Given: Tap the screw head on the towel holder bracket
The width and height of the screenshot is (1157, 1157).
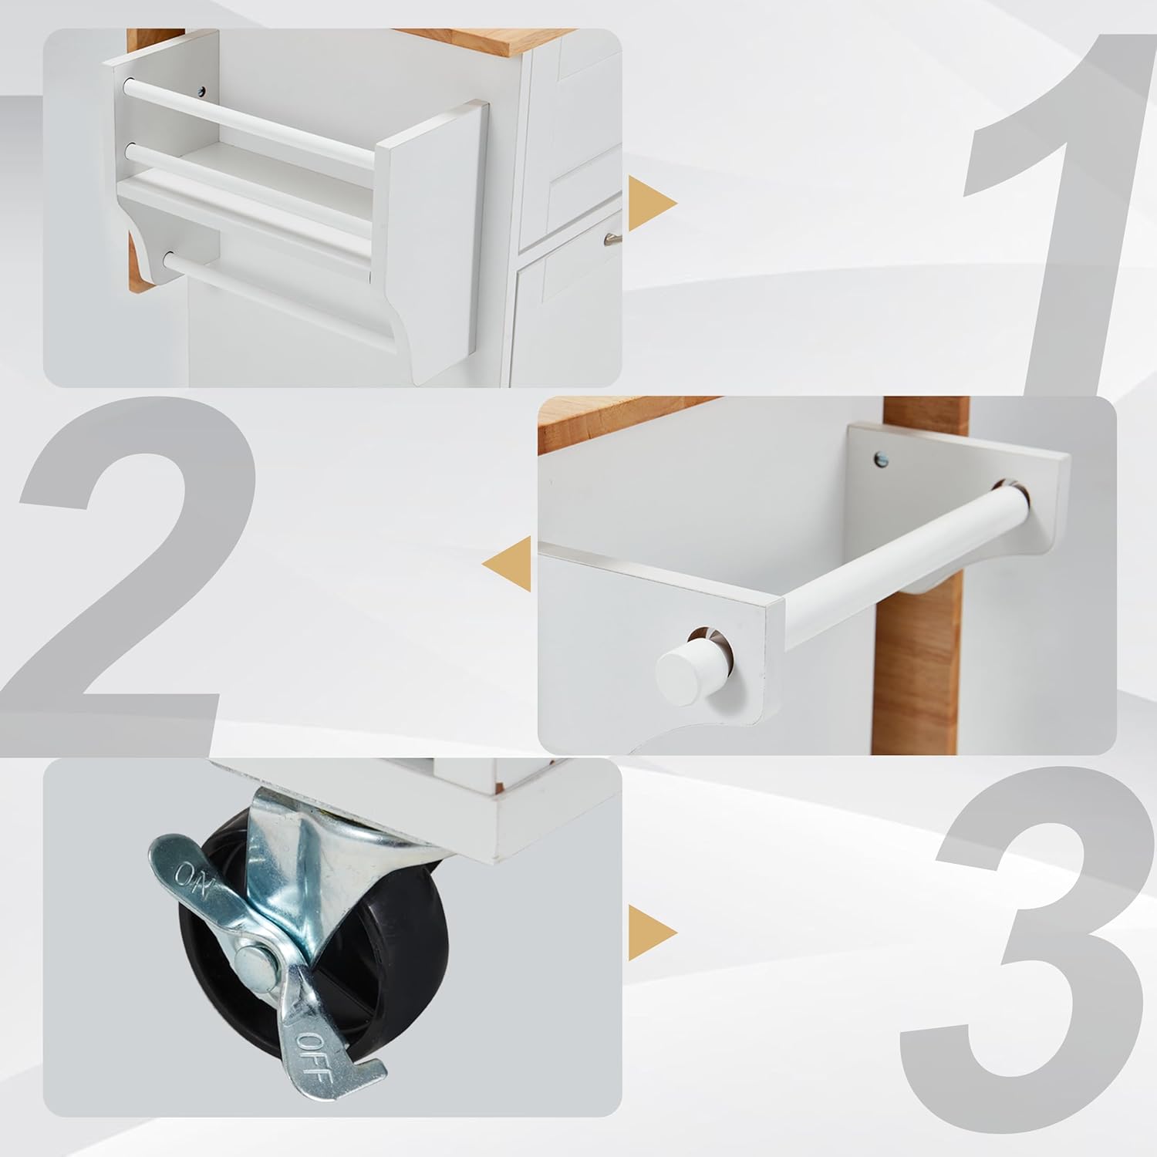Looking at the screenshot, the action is click(882, 458).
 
